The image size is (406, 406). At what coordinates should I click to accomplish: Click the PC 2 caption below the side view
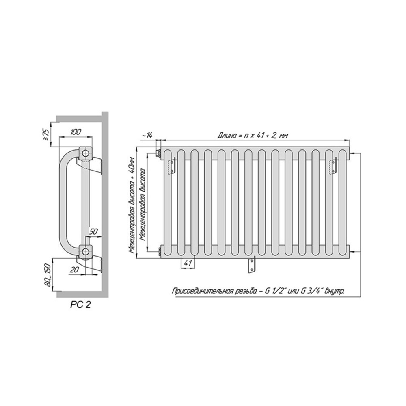[80, 305]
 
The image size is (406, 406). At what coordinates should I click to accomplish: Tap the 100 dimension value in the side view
[76, 132]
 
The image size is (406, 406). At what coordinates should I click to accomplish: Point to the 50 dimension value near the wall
[93, 231]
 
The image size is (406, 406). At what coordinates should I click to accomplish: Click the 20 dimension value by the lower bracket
[74, 270]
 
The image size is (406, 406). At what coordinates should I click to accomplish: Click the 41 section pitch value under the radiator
[188, 263]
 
